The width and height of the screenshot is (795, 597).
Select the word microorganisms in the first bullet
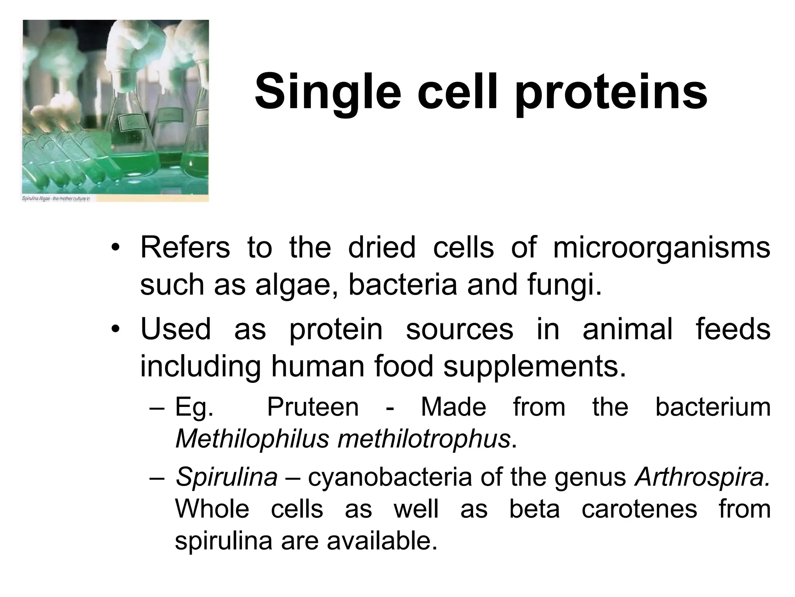(x=661, y=248)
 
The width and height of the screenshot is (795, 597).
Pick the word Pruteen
(x=313, y=407)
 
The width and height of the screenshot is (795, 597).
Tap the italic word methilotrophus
(x=424, y=439)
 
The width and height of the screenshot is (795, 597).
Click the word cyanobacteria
(x=390, y=477)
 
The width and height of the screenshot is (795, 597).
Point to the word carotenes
(x=639, y=509)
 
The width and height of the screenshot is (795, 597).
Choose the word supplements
(x=535, y=366)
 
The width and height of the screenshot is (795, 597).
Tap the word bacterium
(x=713, y=407)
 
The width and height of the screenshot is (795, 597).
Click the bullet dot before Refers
(x=116, y=248)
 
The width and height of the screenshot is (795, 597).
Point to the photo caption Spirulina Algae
(x=56, y=199)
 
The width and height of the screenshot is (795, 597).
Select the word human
(x=318, y=366)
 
